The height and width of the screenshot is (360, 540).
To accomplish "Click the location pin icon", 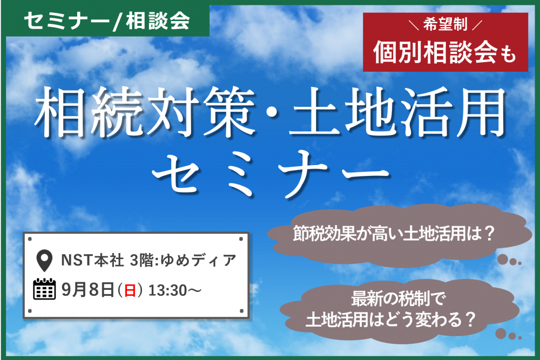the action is tap(44, 260).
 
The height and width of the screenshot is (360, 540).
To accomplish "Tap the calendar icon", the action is tap(44, 289).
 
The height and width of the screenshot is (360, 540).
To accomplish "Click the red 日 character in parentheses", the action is tap(130, 290).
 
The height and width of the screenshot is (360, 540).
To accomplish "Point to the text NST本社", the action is tap(92, 260).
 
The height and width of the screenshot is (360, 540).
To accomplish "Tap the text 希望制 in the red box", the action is tap(446, 24).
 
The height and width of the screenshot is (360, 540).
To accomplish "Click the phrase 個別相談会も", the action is tap(444, 52).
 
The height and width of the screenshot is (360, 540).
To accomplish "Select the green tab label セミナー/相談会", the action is tap(107, 21).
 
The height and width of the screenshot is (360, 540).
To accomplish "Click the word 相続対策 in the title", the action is tap(145, 112).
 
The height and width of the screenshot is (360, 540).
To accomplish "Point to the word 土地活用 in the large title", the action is tap(396, 112).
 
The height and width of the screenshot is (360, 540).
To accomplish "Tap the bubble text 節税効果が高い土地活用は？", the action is tap(394, 234).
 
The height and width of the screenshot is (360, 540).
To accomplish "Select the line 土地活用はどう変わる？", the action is tap(390, 320).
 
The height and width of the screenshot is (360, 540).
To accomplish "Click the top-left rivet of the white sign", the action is tap(30, 239).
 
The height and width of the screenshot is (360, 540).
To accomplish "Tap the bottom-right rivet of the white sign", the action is tap(241, 311).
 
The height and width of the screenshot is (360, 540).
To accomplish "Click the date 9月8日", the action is tap(88, 290).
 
